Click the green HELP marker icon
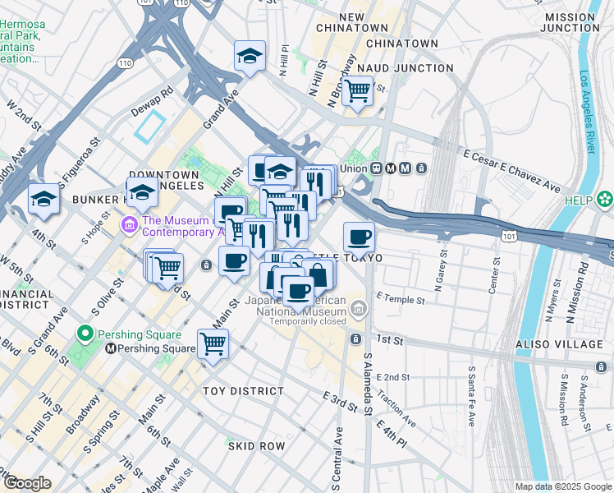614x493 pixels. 605,200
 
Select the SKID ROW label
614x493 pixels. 257,446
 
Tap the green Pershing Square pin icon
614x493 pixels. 83,334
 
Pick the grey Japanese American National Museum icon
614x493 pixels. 357,309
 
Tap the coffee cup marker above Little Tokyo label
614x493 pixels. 359,237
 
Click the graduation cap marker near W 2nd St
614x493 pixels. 44,198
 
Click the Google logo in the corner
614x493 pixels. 27,483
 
